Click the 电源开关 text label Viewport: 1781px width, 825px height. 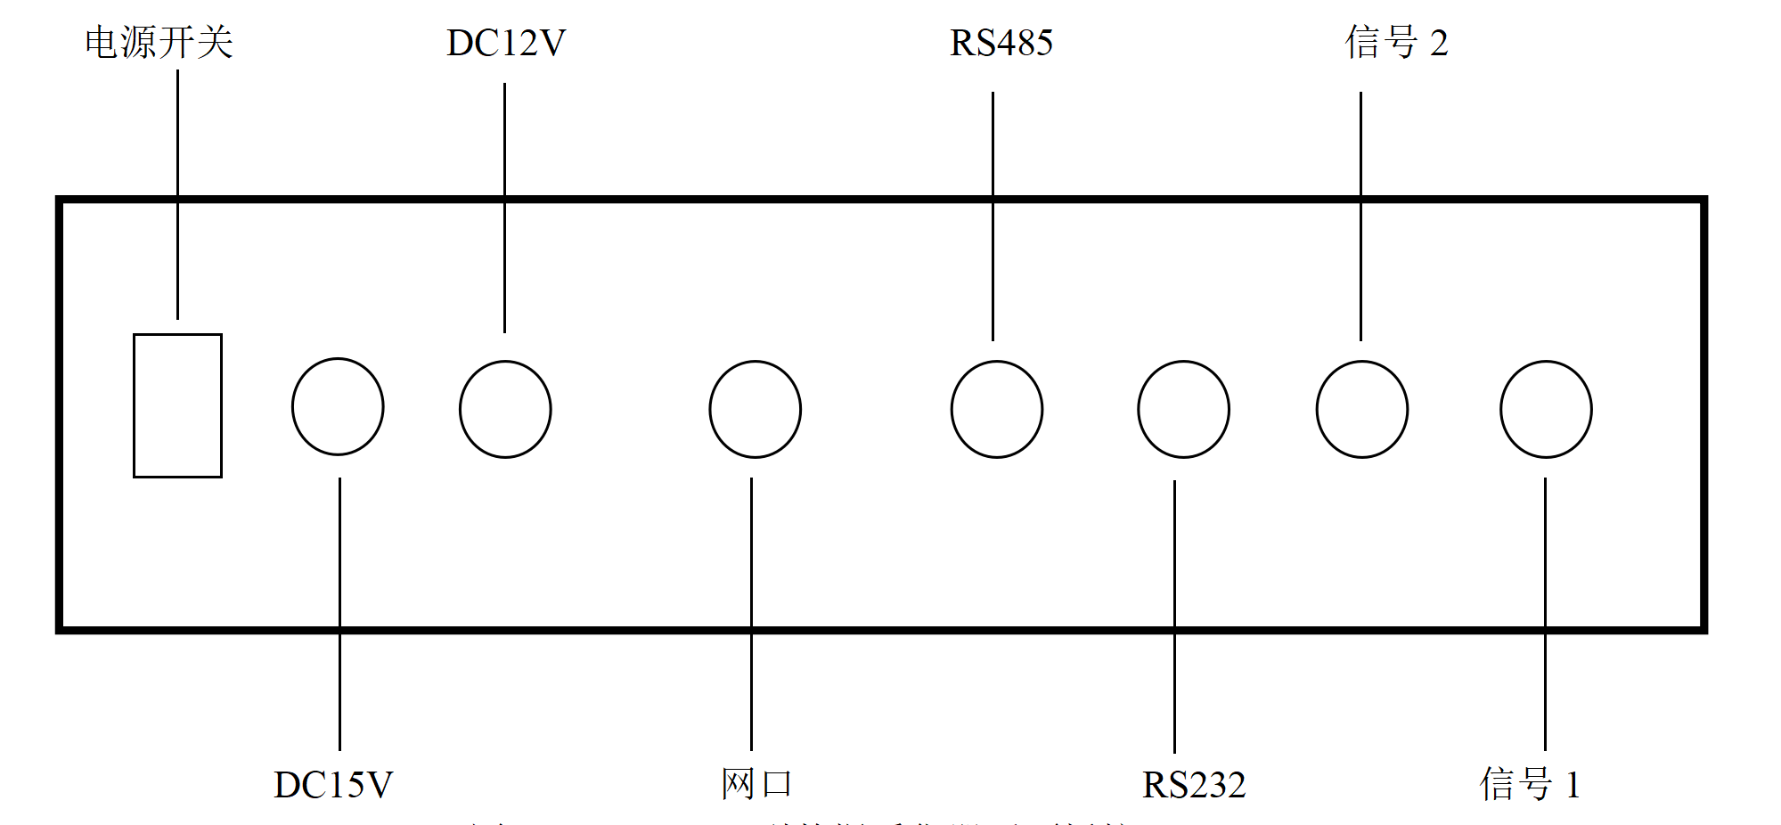(159, 43)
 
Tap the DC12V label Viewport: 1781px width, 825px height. (505, 43)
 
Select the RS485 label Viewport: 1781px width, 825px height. (1001, 43)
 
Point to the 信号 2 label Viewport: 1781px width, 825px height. (1396, 43)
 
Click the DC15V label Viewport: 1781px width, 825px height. (332, 785)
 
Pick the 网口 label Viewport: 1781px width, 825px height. (756, 784)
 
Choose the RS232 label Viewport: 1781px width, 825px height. (1193, 785)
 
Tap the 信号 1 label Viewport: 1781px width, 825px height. (1530, 785)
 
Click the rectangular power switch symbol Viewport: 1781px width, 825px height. (177, 405)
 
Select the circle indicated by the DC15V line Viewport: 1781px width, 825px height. (338, 406)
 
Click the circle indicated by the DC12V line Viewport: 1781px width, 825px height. (505, 409)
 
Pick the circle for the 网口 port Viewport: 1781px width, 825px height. (755, 409)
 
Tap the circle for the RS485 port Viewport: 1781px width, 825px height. (996, 409)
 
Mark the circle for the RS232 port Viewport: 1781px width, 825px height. (1183, 409)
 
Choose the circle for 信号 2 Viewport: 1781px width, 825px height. (1361, 409)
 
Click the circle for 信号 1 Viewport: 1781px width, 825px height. (1546, 409)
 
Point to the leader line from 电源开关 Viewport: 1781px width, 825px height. (177, 134)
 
